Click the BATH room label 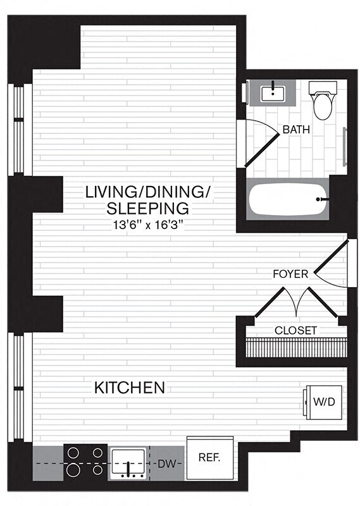(296, 130)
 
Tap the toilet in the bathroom (322, 101)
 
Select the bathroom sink (274, 93)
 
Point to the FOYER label (290, 274)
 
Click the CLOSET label (295, 330)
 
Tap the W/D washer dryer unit (325, 402)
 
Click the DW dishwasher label (166, 464)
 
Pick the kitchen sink (130, 464)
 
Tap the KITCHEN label (130, 387)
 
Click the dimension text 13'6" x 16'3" (147, 224)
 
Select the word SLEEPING (147, 207)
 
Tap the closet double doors (297, 302)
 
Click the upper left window (19, 129)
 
